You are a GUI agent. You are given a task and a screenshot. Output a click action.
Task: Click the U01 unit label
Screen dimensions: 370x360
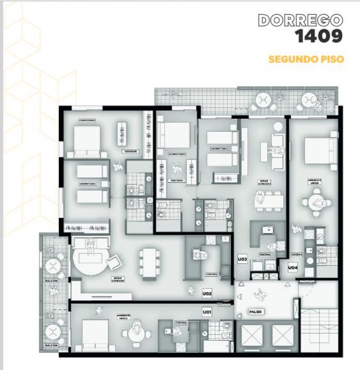click(x=206, y=312)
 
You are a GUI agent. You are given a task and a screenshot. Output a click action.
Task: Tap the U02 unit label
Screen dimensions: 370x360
click(x=206, y=293)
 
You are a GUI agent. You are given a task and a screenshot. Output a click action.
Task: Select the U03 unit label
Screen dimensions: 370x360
click(x=242, y=259)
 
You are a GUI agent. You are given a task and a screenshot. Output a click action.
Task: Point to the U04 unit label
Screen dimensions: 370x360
click(x=293, y=268)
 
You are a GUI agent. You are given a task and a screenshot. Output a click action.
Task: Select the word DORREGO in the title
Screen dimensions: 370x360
click(x=300, y=20)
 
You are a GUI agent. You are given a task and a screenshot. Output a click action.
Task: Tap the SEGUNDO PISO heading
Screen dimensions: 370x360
click(x=306, y=60)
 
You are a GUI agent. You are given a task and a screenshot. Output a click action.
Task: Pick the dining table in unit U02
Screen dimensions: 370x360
click(x=150, y=263)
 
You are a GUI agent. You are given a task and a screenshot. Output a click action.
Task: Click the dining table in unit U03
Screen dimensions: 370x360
click(x=269, y=201)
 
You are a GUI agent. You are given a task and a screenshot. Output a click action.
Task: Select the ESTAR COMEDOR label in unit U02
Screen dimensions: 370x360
click(x=117, y=279)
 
